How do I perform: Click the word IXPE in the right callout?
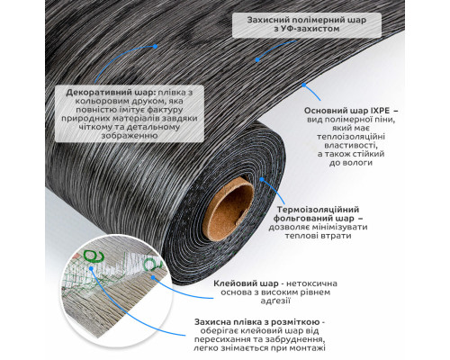381,111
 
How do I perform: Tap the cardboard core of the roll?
229,208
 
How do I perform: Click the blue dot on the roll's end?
262,179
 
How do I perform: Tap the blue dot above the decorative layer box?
155,46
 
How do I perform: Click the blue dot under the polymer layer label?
257,60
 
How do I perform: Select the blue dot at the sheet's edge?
303,85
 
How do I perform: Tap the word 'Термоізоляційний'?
318,210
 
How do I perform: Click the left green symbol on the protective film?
93,256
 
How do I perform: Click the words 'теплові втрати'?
318,236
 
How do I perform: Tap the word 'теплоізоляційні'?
351,137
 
